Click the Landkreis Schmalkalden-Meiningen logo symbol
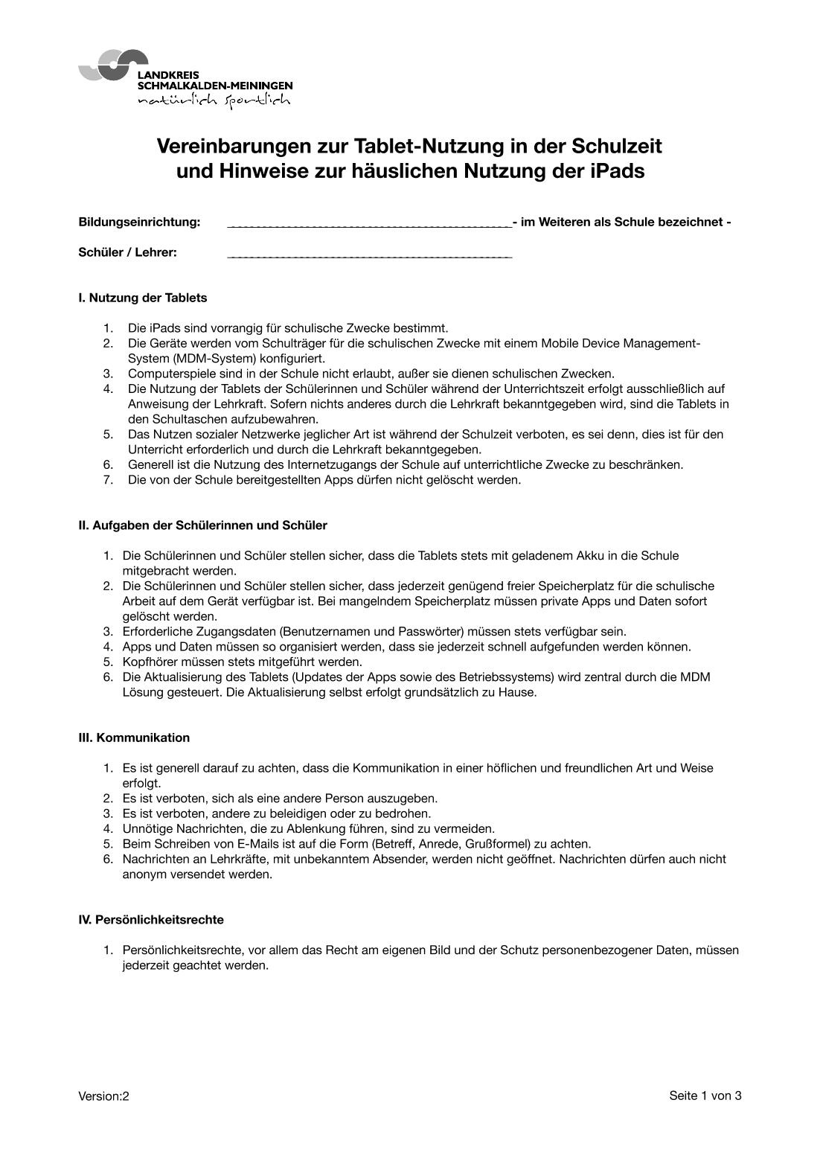click(112, 65)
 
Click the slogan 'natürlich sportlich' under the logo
click(214, 100)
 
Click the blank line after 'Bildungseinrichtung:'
click(369, 223)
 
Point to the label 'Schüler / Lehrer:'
click(127, 252)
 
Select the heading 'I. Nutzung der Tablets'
click(143, 298)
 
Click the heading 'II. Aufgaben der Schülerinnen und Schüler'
click(202, 525)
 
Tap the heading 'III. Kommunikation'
click(134, 738)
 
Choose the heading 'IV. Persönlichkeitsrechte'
click(151, 920)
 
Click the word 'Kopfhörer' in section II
click(149, 662)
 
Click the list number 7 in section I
click(109, 480)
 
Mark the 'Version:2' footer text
click(103, 1096)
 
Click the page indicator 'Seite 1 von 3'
click(705, 1096)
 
